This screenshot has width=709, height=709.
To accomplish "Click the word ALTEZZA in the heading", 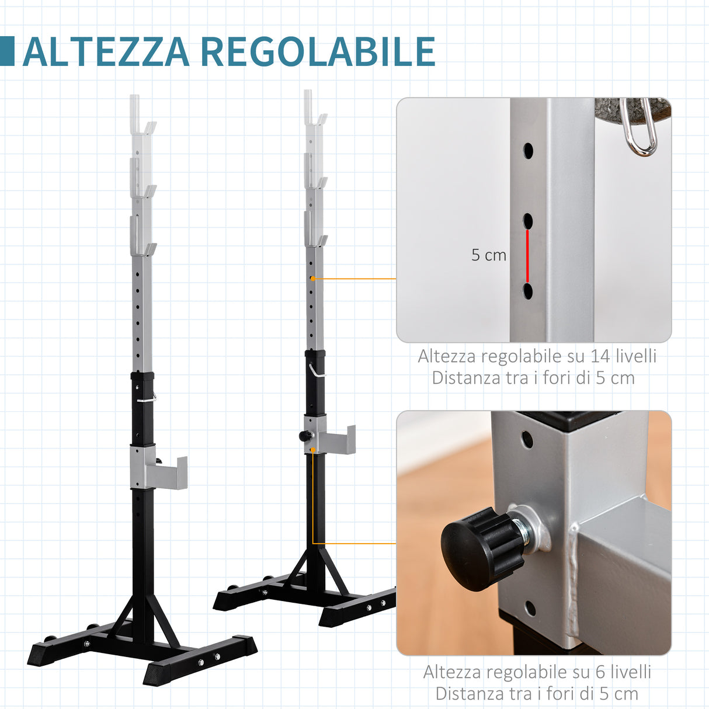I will [x=106, y=52].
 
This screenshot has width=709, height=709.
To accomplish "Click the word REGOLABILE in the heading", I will [x=318, y=52].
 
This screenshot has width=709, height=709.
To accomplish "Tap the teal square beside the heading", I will [x=7, y=51].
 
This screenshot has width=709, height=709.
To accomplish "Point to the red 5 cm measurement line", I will [x=527, y=256].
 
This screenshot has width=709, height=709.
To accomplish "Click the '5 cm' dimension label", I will [x=489, y=255].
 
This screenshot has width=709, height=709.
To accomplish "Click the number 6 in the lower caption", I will [x=600, y=672].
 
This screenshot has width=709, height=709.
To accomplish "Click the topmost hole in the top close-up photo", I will [x=528, y=151].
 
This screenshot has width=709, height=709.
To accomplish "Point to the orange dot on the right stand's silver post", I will [x=313, y=279].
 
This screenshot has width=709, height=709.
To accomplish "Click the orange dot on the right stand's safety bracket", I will [x=313, y=450].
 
